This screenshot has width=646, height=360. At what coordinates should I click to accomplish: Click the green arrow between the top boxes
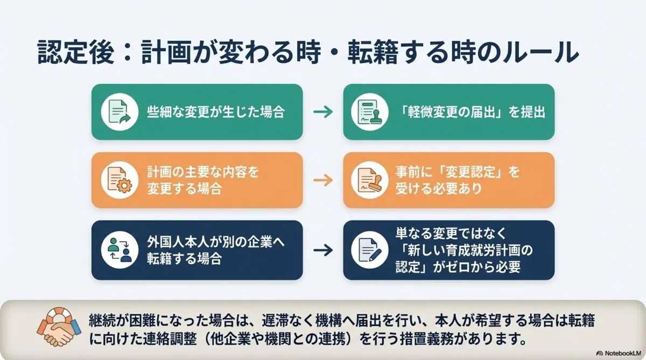pyautogui.click(x=323, y=112)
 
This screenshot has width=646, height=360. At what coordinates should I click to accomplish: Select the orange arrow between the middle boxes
pyautogui.click(x=323, y=180)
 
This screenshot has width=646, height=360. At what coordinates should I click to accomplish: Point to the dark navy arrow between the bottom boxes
pyautogui.click(x=323, y=250)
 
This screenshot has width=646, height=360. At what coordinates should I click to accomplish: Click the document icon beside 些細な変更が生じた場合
pyautogui.click(x=117, y=112)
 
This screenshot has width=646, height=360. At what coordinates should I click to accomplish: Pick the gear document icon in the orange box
pyautogui.click(x=117, y=180)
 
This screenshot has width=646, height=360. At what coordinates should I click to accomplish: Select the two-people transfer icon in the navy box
pyautogui.click(x=117, y=250)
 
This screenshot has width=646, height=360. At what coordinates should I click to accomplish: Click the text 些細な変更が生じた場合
pyautogui.click(x=215, y=112)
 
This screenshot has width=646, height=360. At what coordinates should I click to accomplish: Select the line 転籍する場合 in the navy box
pyautogui.click(x=184, y=258)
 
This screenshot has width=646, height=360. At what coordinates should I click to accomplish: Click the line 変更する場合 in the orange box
pyautogui.click(x=184, y=189)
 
